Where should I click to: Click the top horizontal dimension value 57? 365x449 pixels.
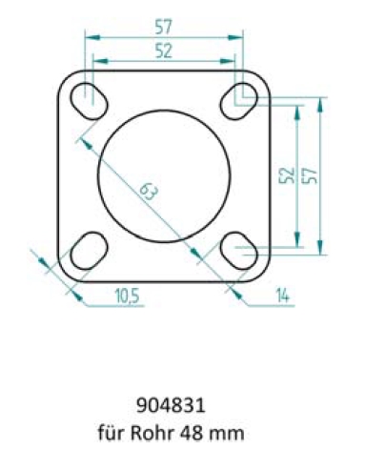point(164,27)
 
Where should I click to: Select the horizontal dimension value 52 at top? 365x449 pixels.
point(164,51)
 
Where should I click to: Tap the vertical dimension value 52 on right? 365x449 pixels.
point(286,175)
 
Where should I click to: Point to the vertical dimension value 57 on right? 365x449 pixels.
point(310,175)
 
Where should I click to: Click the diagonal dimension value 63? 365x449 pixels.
point(149,192)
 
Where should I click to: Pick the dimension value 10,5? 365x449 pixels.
point(127,296)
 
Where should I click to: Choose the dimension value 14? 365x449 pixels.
point(282,296)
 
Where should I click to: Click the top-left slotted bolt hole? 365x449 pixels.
point(90,101)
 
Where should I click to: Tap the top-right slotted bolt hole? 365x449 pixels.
point(239,101)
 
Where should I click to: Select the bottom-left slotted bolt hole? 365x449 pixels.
point(90,251)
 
